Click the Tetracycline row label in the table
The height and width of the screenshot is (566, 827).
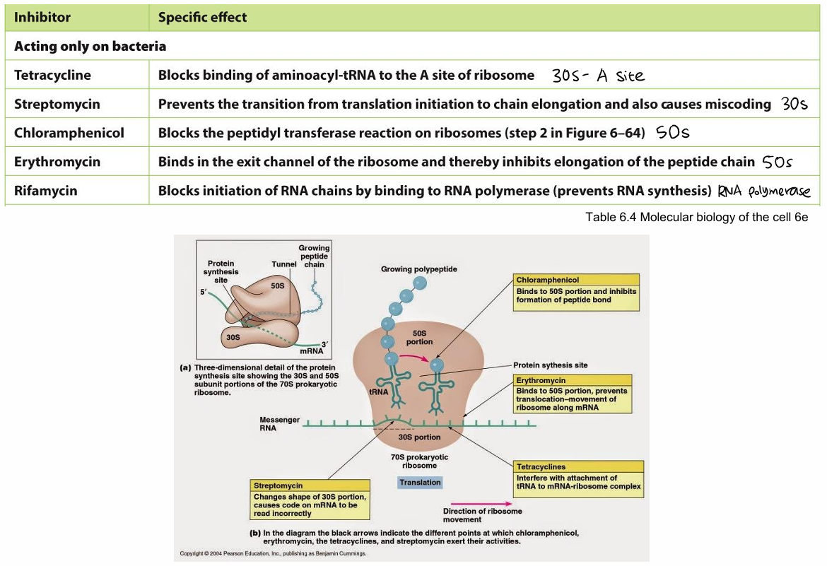53,75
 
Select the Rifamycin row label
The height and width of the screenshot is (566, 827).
46,191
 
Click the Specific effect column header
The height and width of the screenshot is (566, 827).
203,17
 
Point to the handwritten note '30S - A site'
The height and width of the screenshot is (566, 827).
599,76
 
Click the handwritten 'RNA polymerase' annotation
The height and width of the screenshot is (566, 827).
763,191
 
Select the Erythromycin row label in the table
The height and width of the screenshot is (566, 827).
57,162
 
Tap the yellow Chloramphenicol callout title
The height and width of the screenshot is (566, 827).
548,280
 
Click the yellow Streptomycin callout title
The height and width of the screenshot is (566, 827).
278,485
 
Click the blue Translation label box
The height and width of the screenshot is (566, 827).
420,483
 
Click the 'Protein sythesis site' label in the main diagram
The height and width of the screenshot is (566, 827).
550,365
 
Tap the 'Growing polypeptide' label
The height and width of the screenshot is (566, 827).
418,269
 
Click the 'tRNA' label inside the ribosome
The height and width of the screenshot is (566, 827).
379,391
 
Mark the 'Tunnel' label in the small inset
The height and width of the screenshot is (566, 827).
283,264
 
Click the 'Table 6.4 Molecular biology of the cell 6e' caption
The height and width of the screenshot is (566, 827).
696,217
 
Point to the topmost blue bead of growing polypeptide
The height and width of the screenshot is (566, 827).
420,283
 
